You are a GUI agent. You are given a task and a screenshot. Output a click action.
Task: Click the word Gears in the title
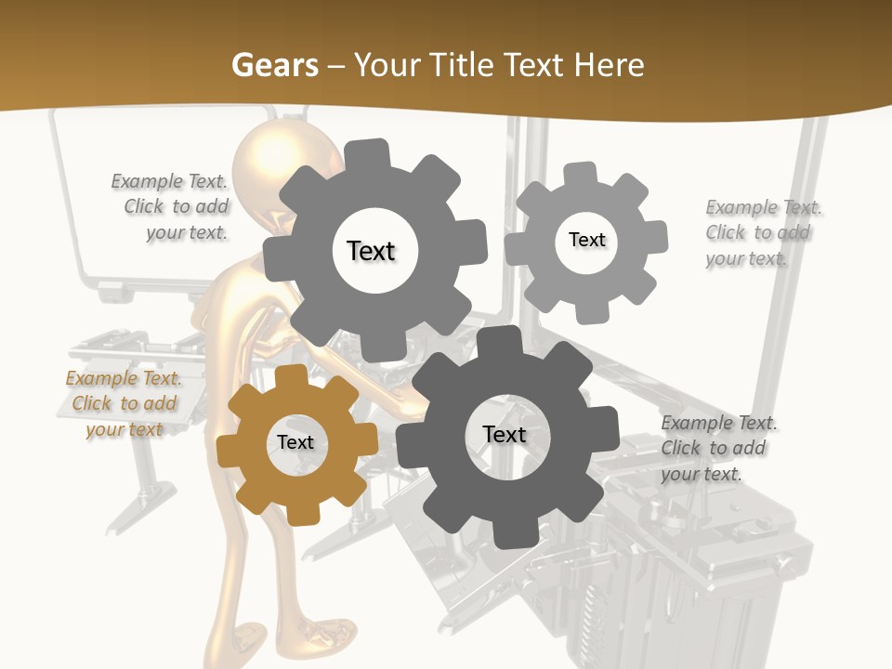pyautogui.click(x=274, y=65)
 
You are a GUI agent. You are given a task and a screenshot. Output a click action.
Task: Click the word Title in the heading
pyautogui.click(x=463, y=65)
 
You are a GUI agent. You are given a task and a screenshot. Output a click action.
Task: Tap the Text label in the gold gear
pyautogui.click(x=295, y=443)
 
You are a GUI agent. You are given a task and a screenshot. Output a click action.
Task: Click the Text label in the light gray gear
pyautogui.click(x=586, y=240)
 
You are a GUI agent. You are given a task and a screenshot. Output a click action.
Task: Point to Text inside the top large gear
pyautogui.click(x=371, y=251)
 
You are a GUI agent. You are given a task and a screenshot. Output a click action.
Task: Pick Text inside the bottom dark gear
pyautogui.click(x=505, y=435)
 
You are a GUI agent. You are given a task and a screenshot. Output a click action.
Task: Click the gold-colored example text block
pyautogui.click(x=124, y=404)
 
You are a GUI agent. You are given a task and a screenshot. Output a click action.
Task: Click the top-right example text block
pyautogui.click(x=762, y=232)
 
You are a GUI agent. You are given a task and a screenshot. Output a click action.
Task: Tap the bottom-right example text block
pyautogui.click(x=717, y=448)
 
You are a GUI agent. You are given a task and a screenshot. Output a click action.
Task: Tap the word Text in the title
pyautogui.click(x=535, y=65)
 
